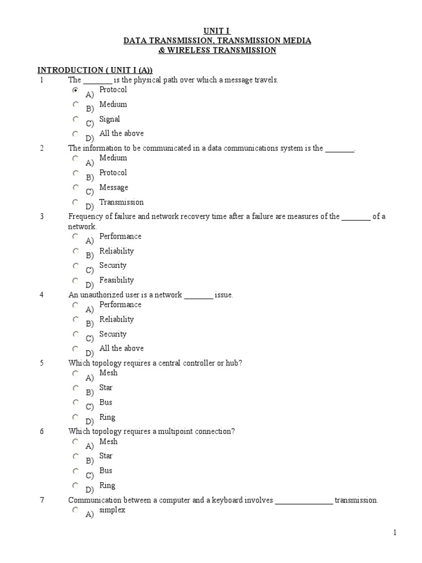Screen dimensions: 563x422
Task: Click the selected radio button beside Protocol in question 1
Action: click(75, 90)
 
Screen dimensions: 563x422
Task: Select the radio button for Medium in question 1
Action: click(75, 104)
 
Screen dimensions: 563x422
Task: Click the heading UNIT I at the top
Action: click(211, 31)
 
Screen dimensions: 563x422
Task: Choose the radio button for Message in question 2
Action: click(75, 187)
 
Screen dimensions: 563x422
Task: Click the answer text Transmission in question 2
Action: click(121, 202)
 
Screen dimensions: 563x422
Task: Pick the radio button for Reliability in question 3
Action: click(75, 251)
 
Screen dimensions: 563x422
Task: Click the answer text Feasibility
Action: click(116, 280)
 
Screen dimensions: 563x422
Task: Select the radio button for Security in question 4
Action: click(75, 334)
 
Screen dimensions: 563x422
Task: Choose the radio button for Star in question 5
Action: click(75, 388)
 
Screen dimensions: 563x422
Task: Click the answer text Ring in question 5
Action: click(107, 417)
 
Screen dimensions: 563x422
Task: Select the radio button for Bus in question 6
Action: click(75, 471)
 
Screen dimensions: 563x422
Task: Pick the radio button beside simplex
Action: click(75, 510)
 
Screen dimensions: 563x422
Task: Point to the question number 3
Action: click(42, 217)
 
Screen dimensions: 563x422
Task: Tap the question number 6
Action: click(42, 432)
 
